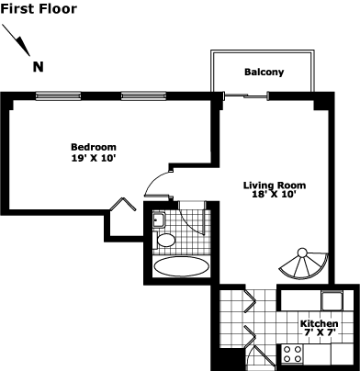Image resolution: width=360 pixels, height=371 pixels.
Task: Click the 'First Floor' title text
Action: [x=39, y=9]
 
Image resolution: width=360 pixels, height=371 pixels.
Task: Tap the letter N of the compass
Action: [x=39, y=67]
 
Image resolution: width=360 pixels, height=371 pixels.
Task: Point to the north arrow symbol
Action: [x=17, y=40]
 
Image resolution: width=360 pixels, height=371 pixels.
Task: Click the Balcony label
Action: [x=264, y=73]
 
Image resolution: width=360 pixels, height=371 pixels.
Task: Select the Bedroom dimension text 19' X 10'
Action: [x=94, y=159]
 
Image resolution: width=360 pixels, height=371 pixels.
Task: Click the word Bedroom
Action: [x=94, y=147]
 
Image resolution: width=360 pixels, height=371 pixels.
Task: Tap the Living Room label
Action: [x=275, y=185]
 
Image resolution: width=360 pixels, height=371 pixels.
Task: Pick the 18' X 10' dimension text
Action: [x=275, y=195]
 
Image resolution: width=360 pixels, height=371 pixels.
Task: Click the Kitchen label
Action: [x=319, y=323]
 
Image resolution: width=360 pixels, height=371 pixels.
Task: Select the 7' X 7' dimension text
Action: [x=320, y=332]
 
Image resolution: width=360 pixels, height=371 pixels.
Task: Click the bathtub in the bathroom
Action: [x=182, y=266]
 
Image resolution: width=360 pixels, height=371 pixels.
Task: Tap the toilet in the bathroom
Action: [x=163, y=240]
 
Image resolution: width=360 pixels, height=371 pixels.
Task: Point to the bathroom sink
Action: [x=159, y=219]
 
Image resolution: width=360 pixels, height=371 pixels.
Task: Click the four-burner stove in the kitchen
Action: [x=292, y=354]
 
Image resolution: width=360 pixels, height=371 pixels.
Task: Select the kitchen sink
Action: [x=332, y=300]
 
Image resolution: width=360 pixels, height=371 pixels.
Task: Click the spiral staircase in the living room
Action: [x=304, y=264]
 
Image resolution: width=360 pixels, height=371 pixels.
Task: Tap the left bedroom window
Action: [x=58, y=96]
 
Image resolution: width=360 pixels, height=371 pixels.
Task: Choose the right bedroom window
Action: [x=143, y=96]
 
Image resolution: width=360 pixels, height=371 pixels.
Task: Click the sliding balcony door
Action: [x=246, y=96]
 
